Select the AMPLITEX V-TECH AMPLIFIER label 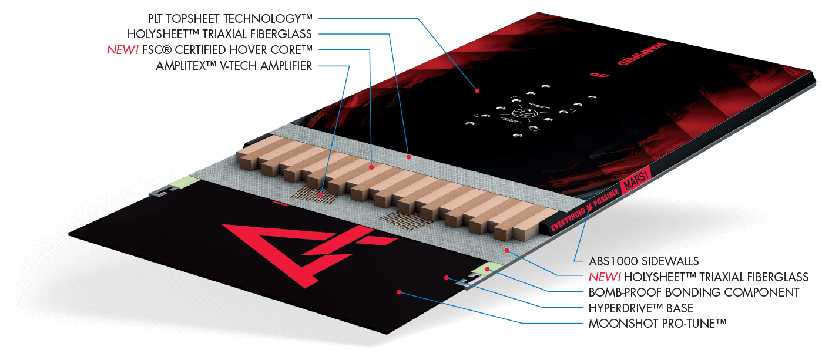pos(234,66)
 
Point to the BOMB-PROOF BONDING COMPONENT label pos(694,292)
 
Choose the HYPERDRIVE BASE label pos(641,308)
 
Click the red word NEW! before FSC pos(123,50)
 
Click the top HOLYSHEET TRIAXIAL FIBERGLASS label pos(219,34)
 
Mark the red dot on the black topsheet pos(477,90)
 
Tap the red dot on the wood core pos(372,168)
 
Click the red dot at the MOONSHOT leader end pos(400,291)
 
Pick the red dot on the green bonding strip pos(487,268)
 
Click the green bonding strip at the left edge pos(183,181)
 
